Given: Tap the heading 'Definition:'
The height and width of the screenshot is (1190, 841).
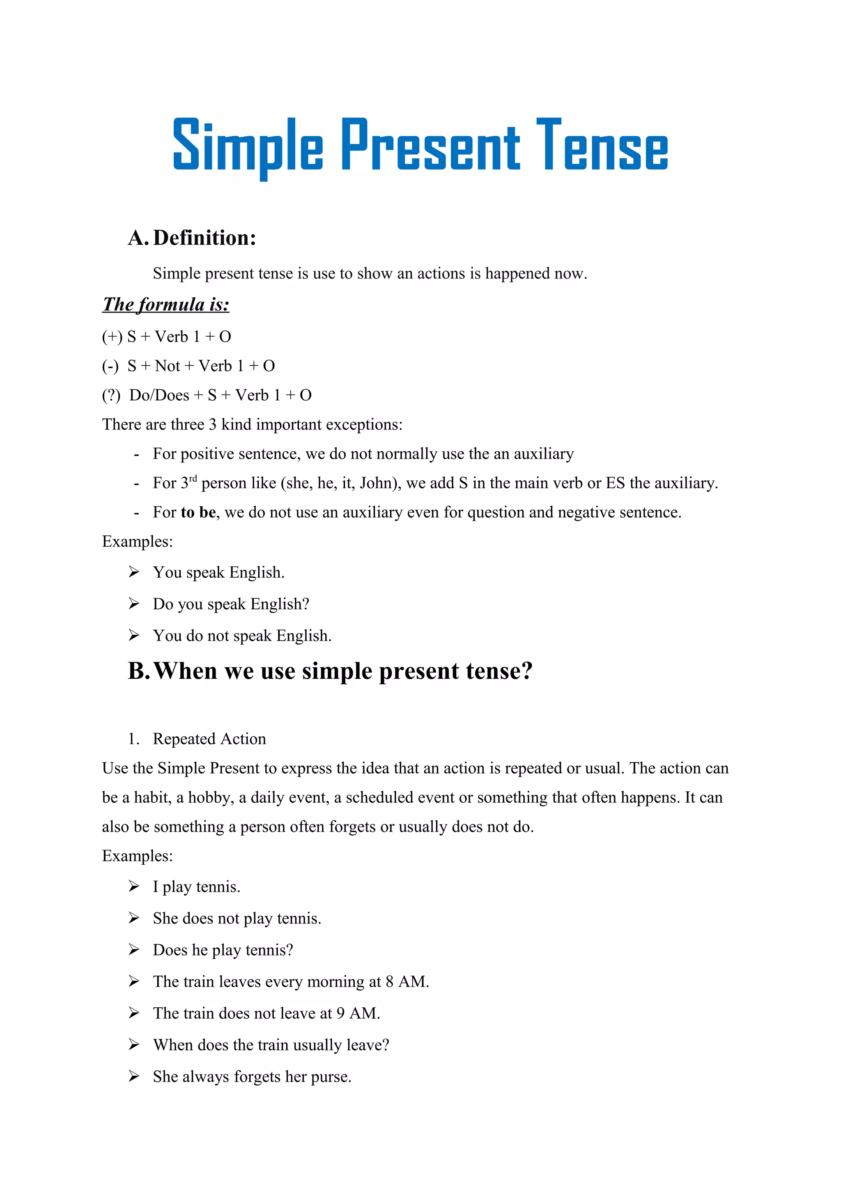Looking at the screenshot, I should tap(205, 238).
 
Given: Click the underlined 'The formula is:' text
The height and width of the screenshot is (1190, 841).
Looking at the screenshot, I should tap(166, 304).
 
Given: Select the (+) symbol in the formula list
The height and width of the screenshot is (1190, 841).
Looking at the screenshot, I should tap(112, 337).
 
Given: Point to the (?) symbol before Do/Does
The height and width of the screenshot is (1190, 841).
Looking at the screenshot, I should tap(111, 395).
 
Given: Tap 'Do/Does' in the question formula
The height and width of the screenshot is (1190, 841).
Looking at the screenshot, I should tap(159, 395).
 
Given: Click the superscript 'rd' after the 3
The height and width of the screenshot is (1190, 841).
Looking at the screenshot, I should tap(193, 478).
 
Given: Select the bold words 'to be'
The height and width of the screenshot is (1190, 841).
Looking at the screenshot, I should tap(198, 512).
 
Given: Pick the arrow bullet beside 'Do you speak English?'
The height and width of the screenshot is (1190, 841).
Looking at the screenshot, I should tap(134, 603).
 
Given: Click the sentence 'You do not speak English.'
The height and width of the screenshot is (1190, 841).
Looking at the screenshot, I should tap(242, 636).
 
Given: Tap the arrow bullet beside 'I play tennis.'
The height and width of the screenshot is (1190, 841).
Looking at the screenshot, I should tap(134, 886).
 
